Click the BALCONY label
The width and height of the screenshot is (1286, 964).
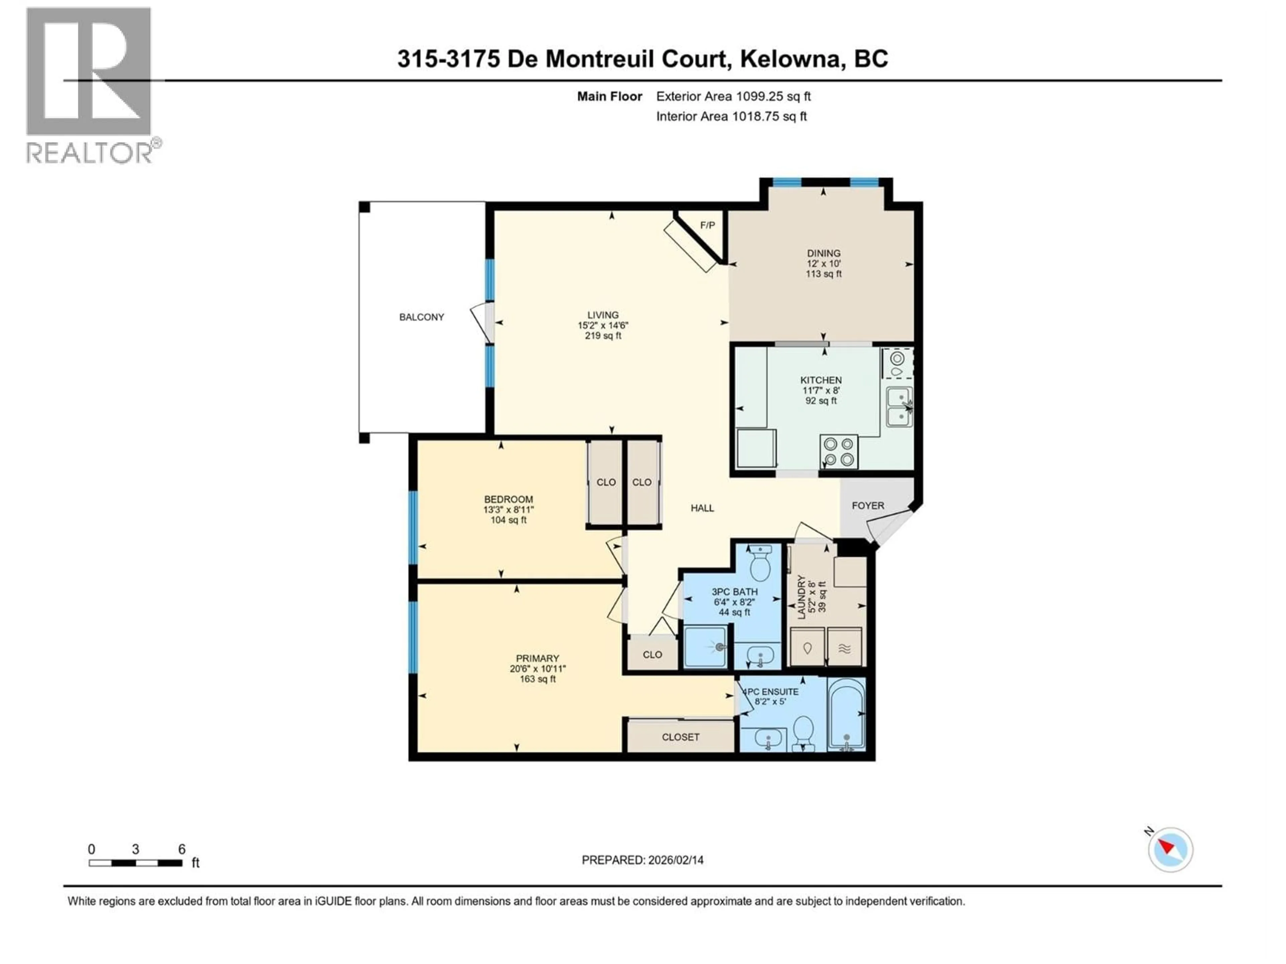coord(422,317)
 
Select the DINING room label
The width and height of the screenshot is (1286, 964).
coord(823,253)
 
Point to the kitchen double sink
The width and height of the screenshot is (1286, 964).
coord(899,407)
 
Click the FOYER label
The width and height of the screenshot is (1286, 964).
coord(867,505)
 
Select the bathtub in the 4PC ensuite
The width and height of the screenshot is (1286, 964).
coord(847,714)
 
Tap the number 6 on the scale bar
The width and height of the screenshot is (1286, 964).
coord(182,849)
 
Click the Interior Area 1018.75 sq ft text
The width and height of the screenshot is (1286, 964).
coord(731,116)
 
